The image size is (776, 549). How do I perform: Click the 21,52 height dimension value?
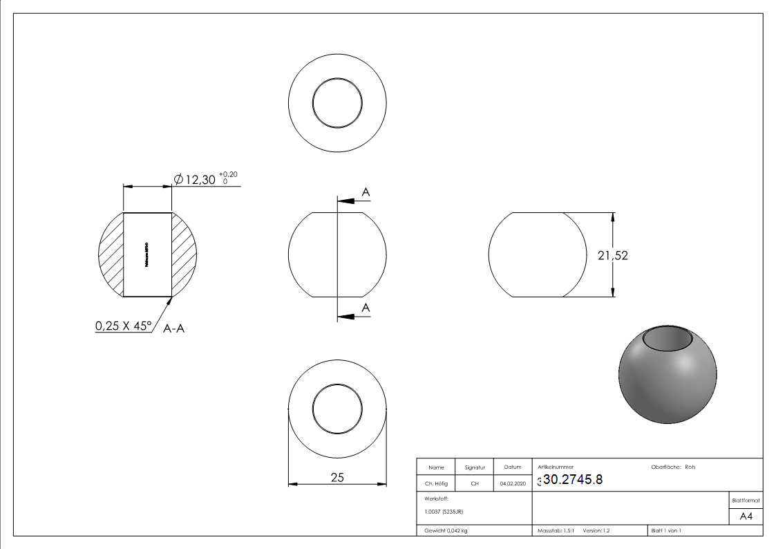click(612, 255)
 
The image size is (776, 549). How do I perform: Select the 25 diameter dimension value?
click(337, 477)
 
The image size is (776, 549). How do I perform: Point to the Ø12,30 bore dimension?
click(196, 180)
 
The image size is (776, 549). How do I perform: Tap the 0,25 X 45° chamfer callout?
click(124, 326)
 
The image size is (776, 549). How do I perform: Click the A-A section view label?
click(174, 330)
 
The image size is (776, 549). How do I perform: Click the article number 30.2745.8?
click(572, 481)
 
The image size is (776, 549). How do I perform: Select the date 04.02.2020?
click(513, 484)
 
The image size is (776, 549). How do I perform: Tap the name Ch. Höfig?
click(436, 484)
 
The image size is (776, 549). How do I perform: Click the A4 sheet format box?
click(746, 517)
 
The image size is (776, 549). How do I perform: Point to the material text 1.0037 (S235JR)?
click(444, 512)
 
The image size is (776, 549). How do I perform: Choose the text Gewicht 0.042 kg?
click(446, 531)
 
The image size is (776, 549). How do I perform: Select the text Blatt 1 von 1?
click(666, 531)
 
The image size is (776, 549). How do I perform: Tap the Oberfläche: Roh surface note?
click(673, 467)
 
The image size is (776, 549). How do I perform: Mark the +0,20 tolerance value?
click(228, 174)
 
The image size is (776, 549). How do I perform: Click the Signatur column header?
click(474, 467)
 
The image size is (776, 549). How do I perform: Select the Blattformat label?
click(746, 500)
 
